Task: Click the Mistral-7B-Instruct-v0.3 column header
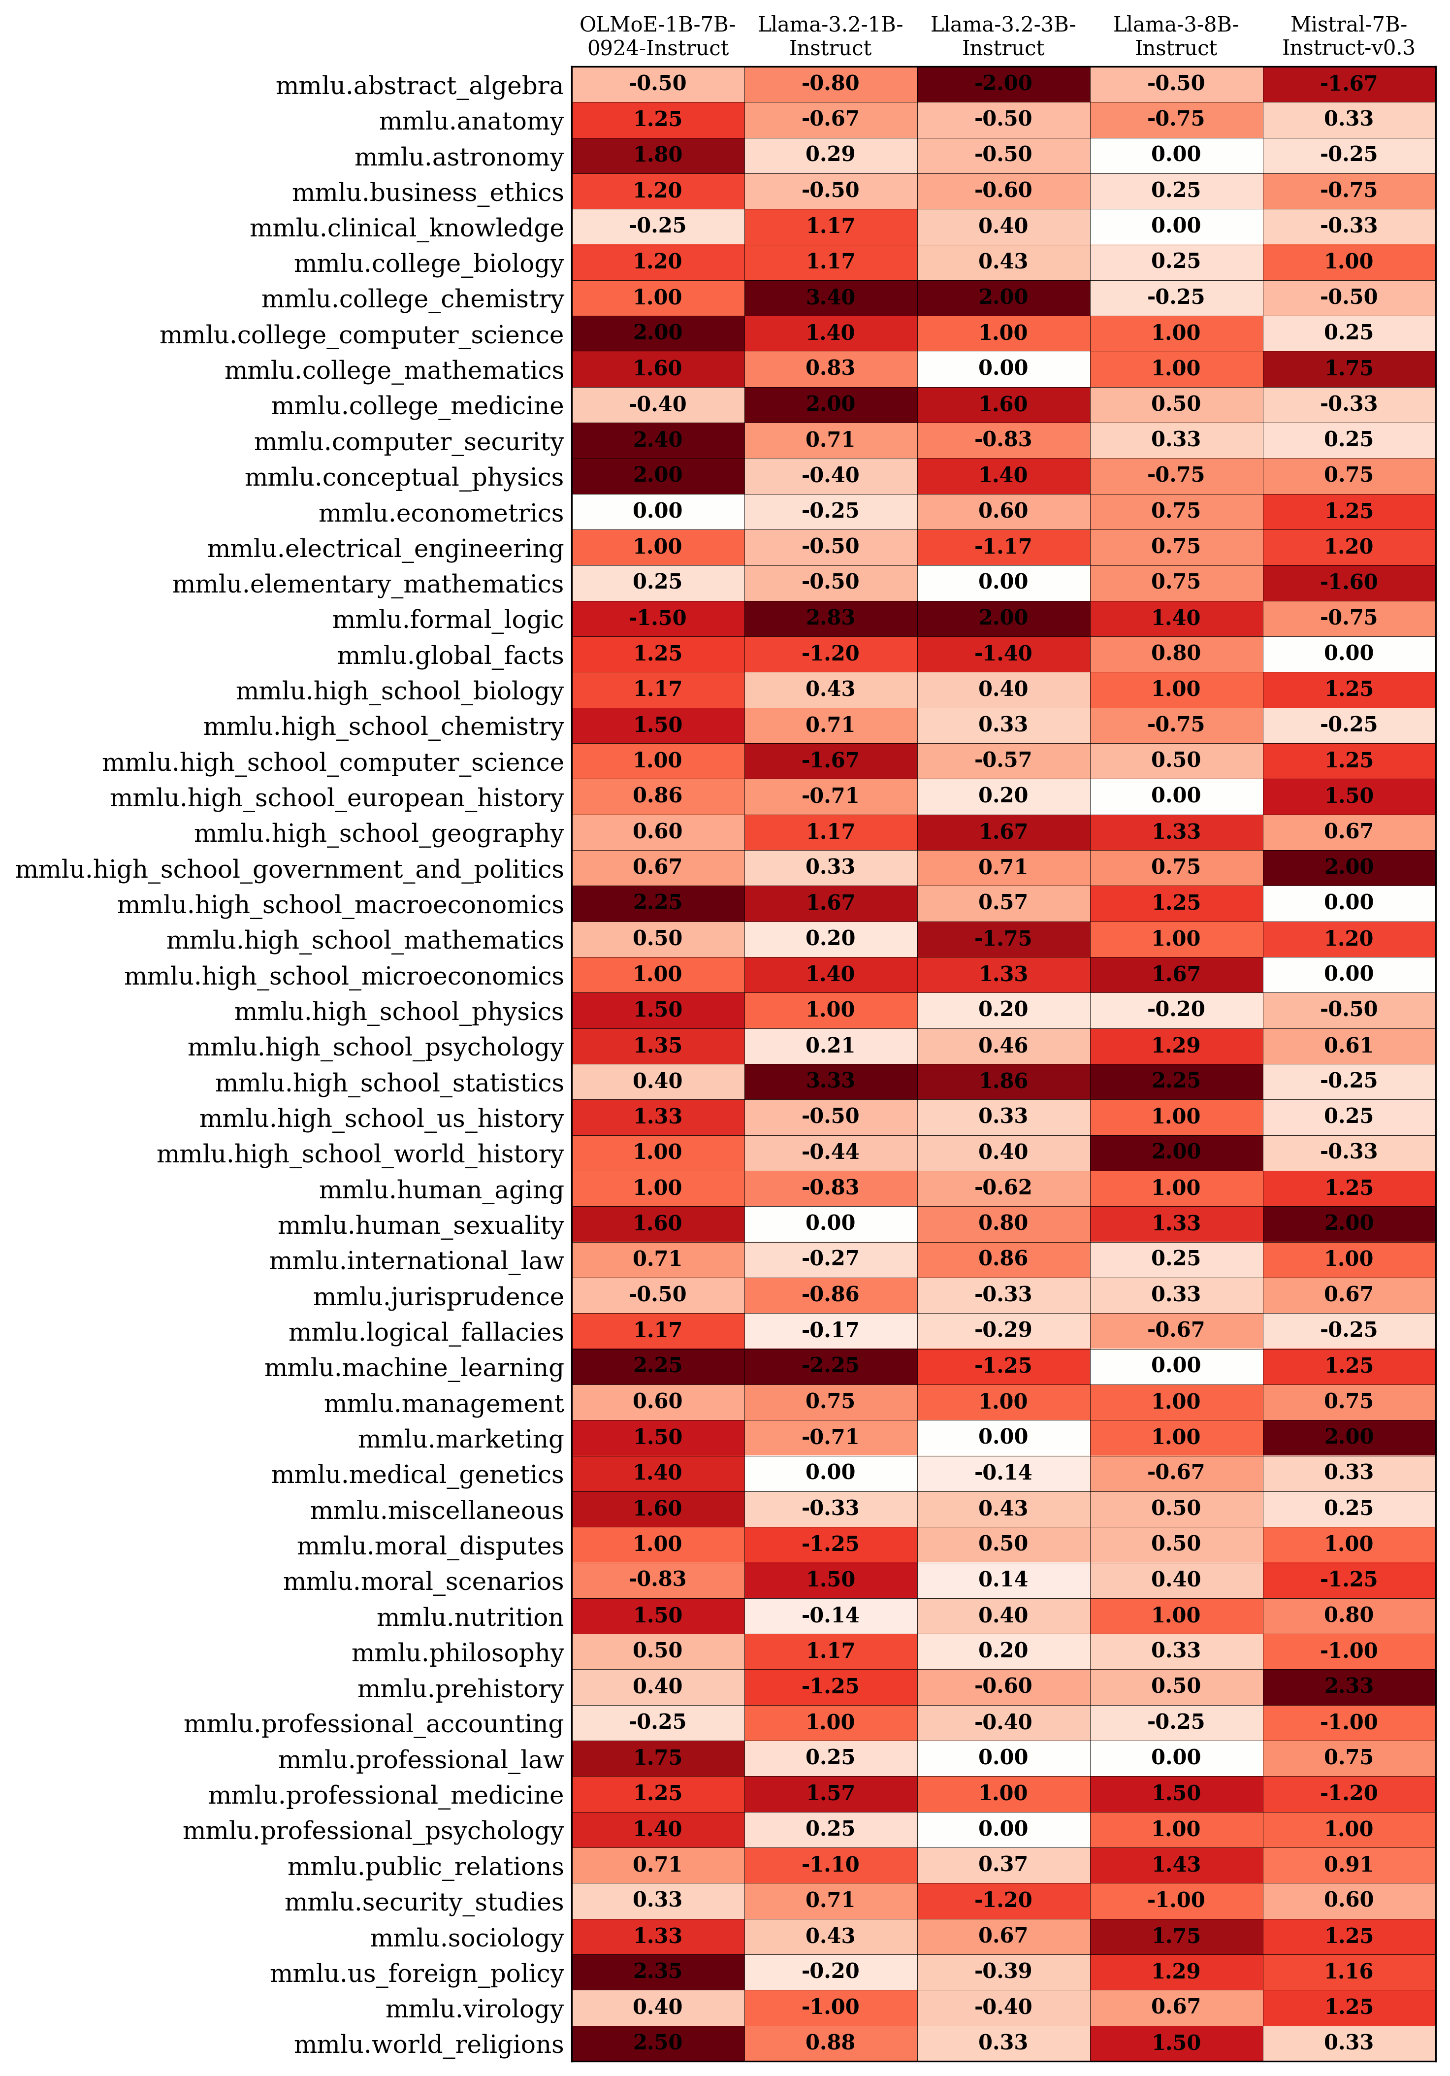pos(1348,36)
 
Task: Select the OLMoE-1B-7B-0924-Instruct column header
pos(657,36)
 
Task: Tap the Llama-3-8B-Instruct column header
pos(1175,36)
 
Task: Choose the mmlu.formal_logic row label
pos(448,620)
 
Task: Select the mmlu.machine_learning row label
pos(413,1368)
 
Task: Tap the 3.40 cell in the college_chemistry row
pos(830,297)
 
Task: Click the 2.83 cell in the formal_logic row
pos(830,619)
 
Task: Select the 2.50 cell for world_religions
pos(657,2043)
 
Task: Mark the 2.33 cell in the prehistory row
pos(1348,1686)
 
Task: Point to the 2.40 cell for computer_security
pos(657,440)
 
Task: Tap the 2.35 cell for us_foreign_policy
pos(657,1971)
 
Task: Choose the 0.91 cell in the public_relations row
pos(1348,1864)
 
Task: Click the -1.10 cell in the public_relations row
pos(830,1864)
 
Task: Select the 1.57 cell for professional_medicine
pos(830,1793)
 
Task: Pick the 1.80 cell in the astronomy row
pos(657,155)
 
